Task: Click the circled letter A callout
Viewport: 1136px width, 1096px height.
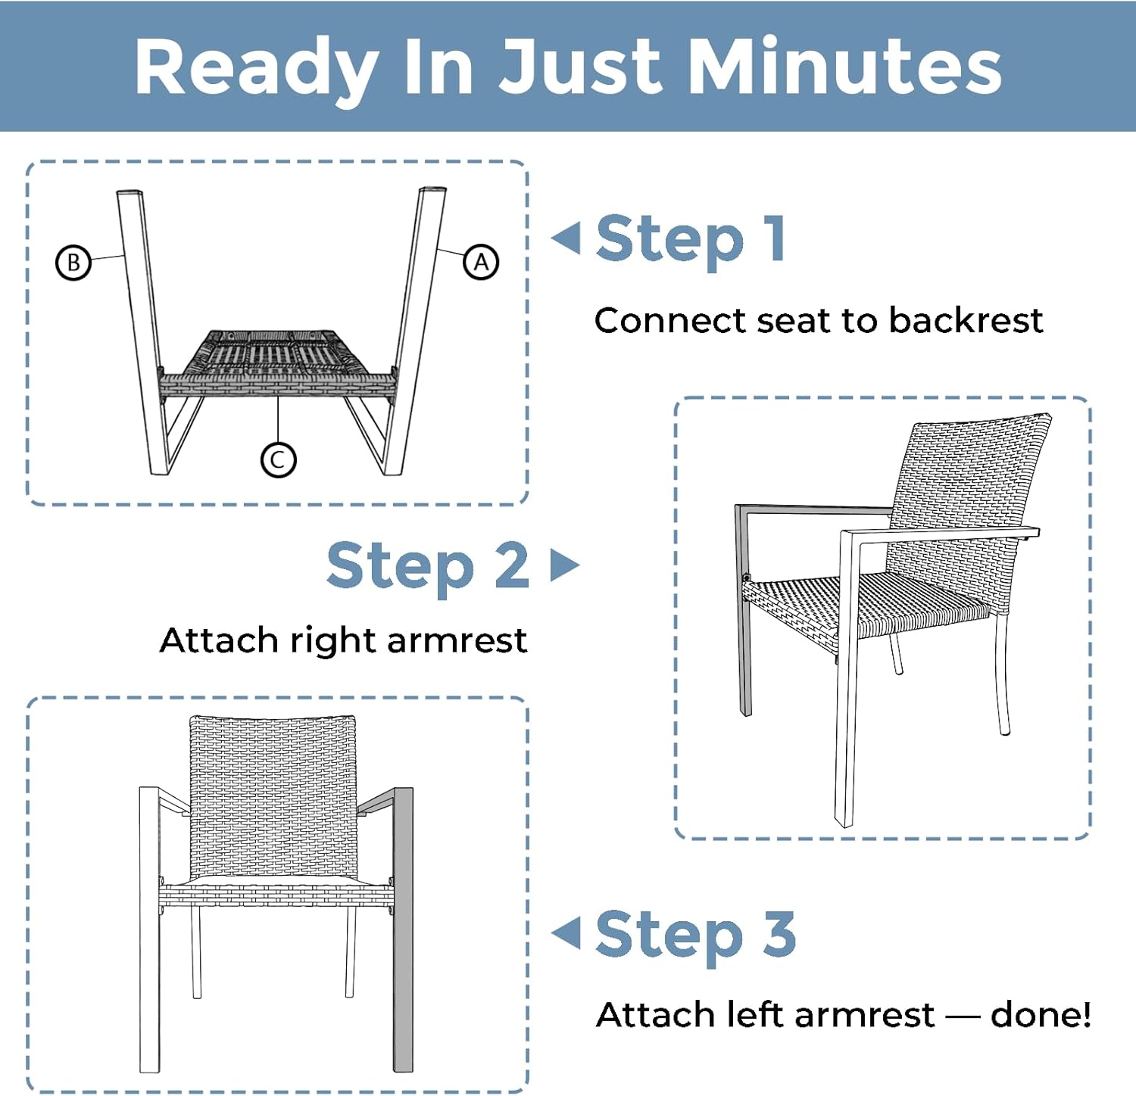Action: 481,263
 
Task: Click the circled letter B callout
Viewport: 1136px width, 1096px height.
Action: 73,263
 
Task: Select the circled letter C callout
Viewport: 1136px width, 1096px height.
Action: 278,459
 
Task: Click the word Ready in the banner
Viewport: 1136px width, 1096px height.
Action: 256,68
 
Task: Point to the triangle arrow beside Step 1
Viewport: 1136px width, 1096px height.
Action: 566,238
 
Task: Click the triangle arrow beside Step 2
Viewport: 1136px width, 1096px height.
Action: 564,565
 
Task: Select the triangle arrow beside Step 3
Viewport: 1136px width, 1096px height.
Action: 566,933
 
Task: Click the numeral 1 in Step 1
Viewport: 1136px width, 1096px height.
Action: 774,238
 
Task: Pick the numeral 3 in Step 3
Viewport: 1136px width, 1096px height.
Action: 779,933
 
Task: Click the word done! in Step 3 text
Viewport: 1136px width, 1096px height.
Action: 1041,1014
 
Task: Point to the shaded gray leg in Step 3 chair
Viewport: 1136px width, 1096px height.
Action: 403,931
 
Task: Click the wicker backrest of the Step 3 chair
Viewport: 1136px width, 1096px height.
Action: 273,795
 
